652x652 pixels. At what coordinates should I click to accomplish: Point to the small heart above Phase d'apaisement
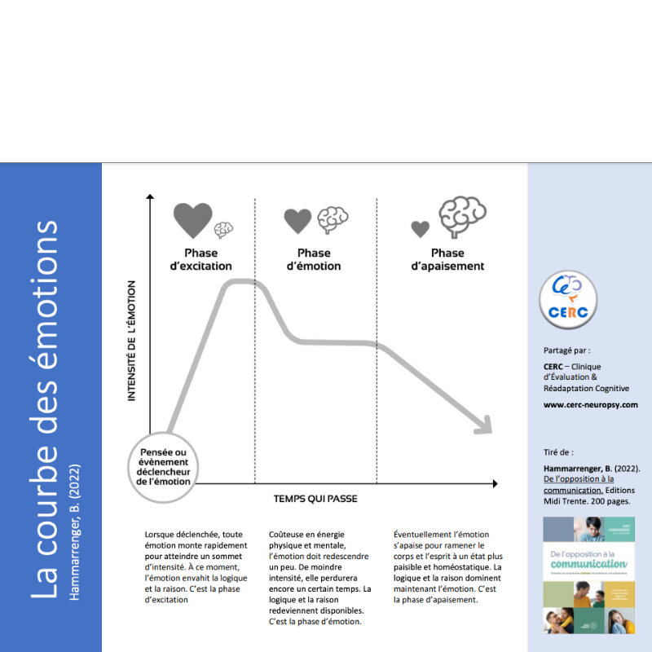click(420, 229)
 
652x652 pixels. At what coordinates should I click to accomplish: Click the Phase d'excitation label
click(201, 259)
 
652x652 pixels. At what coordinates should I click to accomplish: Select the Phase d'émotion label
click(314, 259)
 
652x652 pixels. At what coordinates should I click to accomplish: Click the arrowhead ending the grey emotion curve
click(483, 425)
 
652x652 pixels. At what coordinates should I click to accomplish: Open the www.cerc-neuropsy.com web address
click(590, 405)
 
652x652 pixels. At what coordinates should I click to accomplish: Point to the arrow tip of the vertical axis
click(150, 196)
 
